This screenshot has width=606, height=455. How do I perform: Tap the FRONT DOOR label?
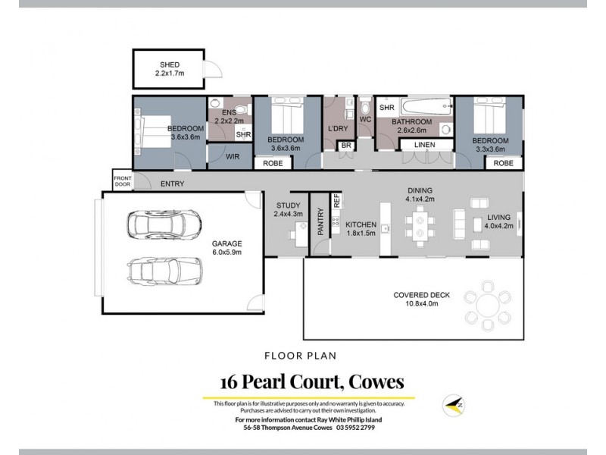(122, 181)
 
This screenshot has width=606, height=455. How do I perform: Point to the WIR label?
(233, 157)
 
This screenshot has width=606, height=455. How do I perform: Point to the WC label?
(364, 120)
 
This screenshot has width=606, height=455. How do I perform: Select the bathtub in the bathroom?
(425, 107)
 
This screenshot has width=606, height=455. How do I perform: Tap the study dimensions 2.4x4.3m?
(288, 215)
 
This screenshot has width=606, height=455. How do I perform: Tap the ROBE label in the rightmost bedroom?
(503, 163)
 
